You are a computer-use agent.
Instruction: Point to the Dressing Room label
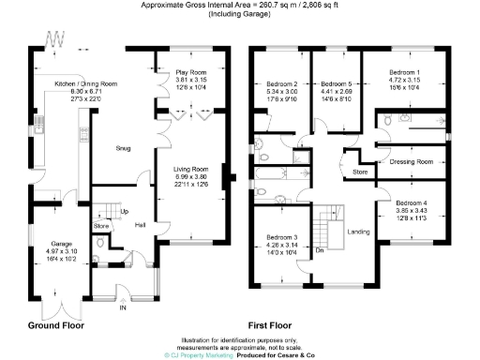pos(412,161)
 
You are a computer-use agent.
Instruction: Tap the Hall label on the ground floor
pos(140,225)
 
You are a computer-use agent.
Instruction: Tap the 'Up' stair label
pos(123,211)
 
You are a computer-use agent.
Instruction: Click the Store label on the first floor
pos(359,172)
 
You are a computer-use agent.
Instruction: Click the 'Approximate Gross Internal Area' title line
pos(240,6)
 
